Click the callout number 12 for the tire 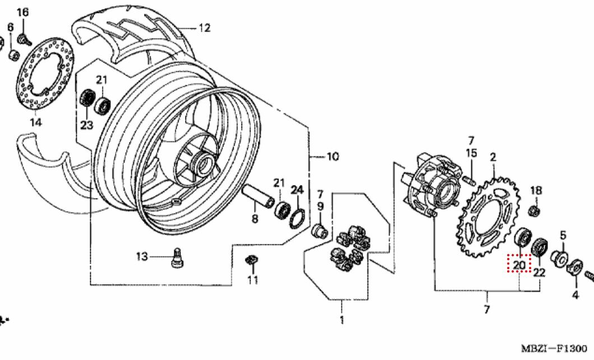point(204,27)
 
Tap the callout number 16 point(22,12)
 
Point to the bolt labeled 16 point(23,38)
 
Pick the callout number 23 point(86,125)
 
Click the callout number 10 point(332,156)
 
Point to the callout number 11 point(253,279)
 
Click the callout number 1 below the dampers point(342,320)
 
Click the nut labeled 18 point(535,211)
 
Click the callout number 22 point(539,273)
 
